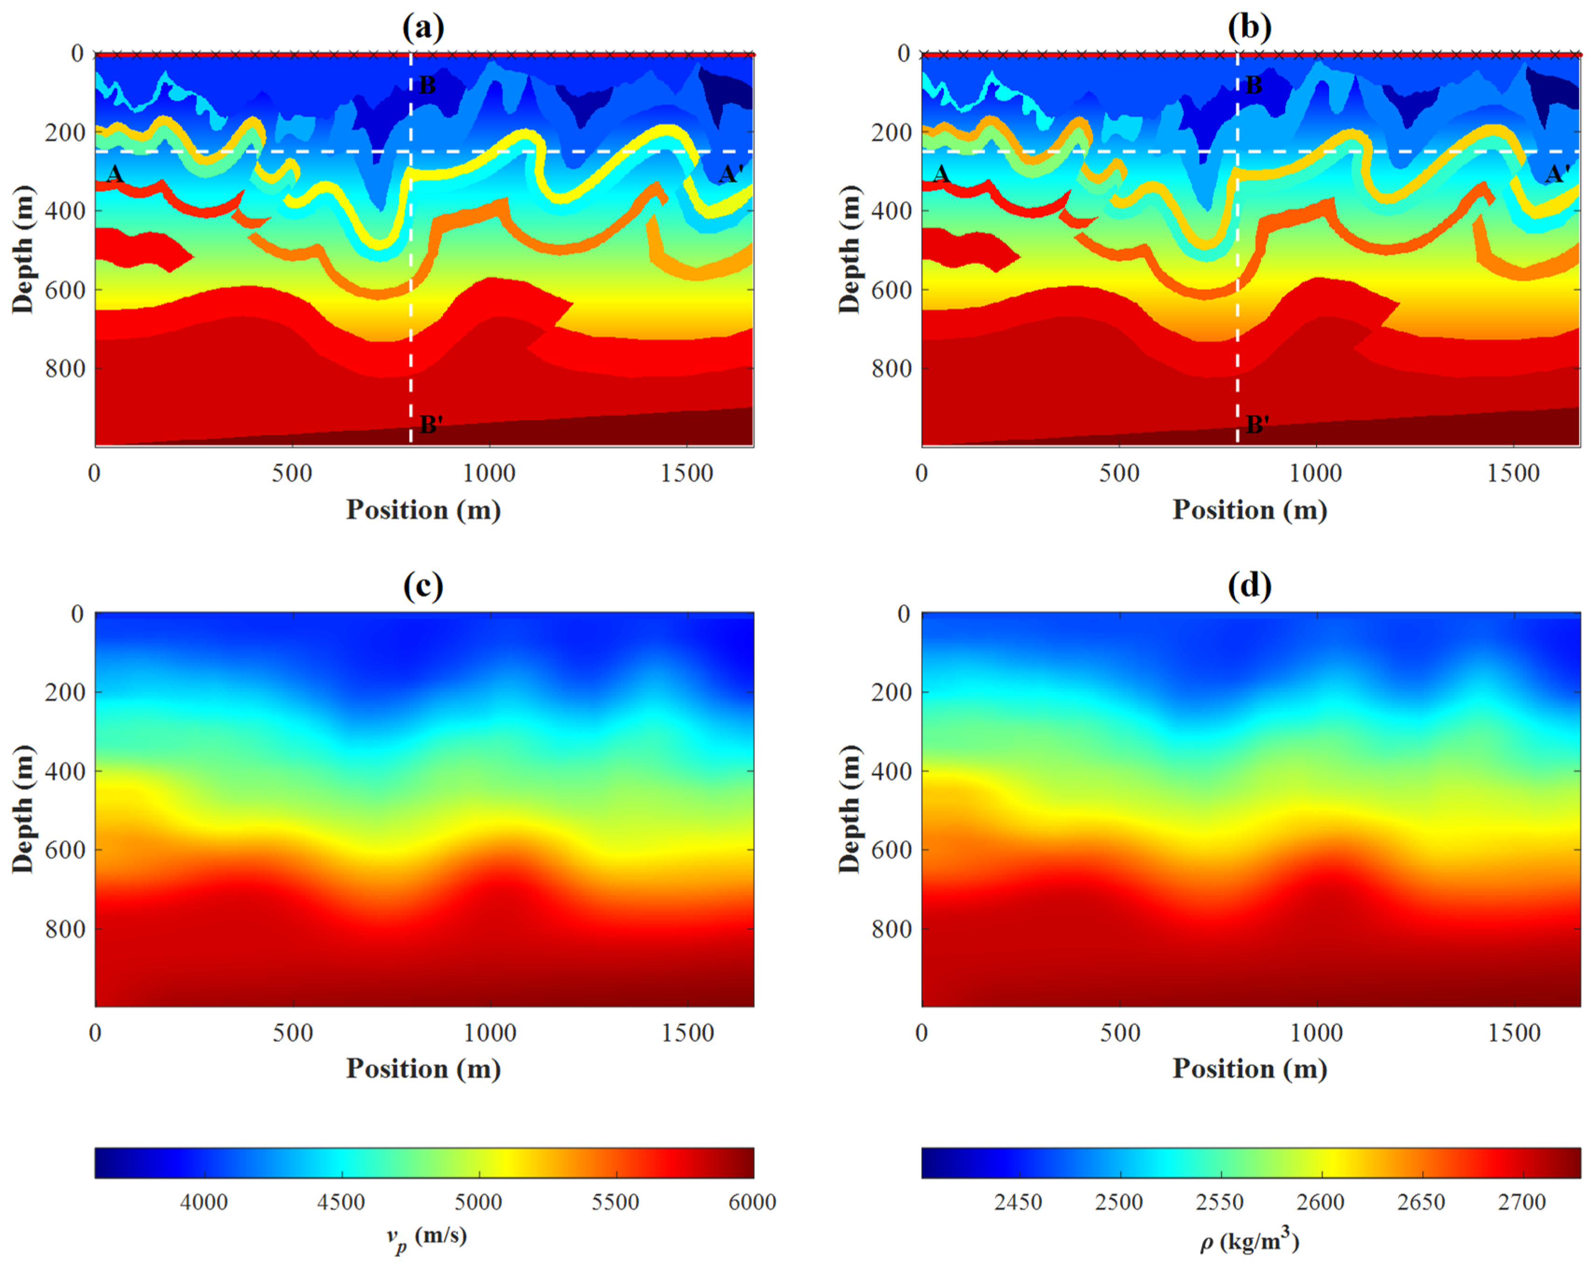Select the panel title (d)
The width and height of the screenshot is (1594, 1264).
point(1249,586)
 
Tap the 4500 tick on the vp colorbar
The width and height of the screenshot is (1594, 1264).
point(341,1202)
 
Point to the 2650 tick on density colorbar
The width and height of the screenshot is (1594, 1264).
point(1421,1202)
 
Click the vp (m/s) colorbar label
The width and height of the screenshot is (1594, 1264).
point(427,1237)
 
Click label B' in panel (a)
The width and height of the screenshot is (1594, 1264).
point(431,424)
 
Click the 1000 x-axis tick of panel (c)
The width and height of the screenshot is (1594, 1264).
point(489,1033)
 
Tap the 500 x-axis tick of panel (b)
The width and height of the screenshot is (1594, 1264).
point(1119,473)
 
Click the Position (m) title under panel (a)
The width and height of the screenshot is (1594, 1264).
point(423,510)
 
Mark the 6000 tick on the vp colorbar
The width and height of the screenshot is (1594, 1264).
point(752,1202)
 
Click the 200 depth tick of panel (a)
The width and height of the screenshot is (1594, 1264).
point(65,133)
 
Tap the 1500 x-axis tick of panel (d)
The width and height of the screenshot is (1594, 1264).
point(1514,1033)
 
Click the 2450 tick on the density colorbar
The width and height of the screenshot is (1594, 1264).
point(1018,1202)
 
